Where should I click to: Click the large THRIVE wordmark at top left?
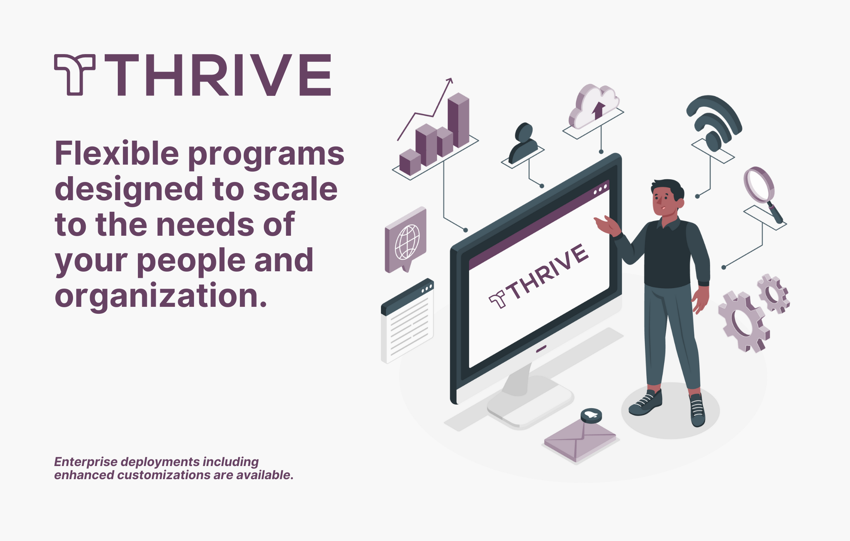[x=218, y=75]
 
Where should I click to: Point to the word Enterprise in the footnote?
[x=86, y=462]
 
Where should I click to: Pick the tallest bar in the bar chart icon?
[x=459, y=120]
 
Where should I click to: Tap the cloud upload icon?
[x=594, y=105]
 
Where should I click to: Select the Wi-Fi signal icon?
[x=714, y=122]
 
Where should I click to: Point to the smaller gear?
[x=773, y=294]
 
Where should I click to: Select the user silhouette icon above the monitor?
[x=524, y=143]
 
